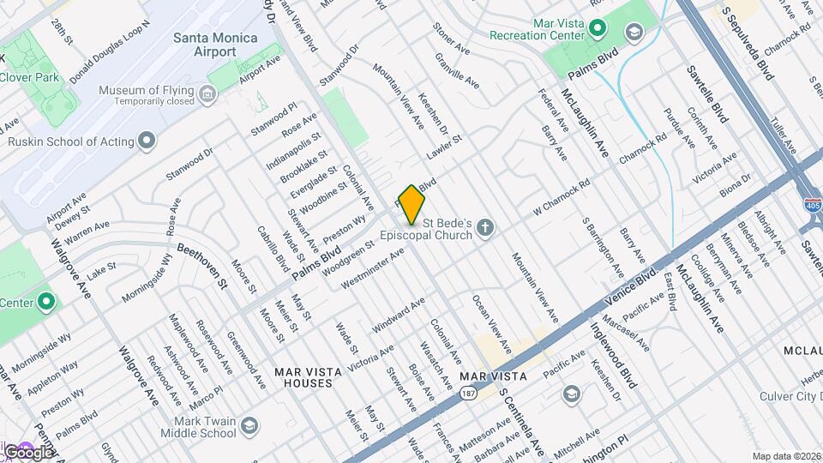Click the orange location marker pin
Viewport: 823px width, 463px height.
pyautogui.click(x=411, y=204)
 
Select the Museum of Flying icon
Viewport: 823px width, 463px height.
pyautogui.click(x=207, y=93)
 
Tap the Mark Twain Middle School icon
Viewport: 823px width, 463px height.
pyautogui.click(x=249, y=426)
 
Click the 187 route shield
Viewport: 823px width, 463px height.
pyautogui.click(x=467, y=394)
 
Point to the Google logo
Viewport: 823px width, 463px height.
pyautogui.click(x=27, y=451)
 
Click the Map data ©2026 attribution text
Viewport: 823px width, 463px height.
pyautogui.click(x=786, y=456)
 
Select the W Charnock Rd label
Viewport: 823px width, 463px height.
pyautogui.click(x=562, y=195)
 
